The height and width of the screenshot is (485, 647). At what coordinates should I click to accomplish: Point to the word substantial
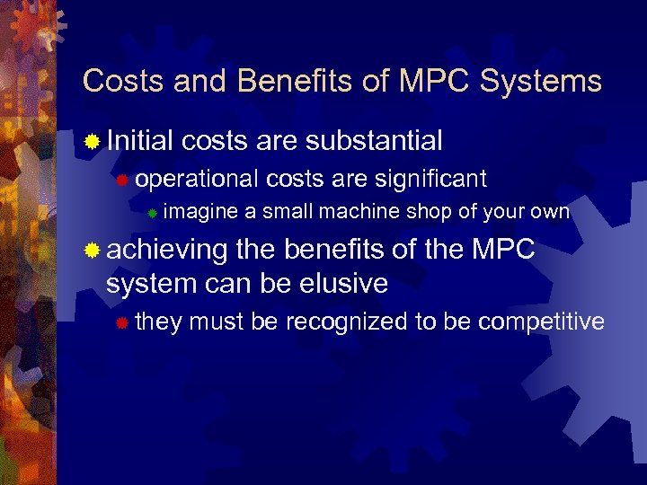pos(374,140)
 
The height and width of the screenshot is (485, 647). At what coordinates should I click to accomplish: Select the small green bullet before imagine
pos(153,214)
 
